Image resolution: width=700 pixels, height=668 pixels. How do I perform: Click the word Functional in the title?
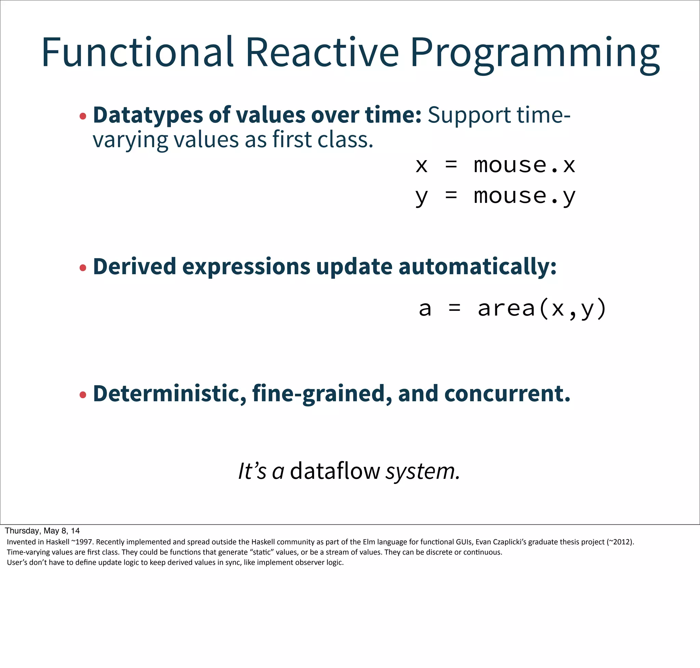coord(137,52)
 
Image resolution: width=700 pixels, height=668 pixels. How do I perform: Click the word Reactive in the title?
coord(322,52)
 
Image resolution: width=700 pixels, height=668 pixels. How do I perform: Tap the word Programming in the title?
coord(535,53)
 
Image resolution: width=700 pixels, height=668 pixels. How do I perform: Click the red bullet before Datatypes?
coord(83,116)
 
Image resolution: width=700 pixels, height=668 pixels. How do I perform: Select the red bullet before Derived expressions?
coord(83,267)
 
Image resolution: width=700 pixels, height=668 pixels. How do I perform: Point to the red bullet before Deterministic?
coord(83,394)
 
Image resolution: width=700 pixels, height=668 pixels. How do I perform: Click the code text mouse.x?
coord(524,165)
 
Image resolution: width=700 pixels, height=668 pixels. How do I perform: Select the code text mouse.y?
coord(524,196)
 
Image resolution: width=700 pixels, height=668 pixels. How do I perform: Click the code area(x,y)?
coord(542,308)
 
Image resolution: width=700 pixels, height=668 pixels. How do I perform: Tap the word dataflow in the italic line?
coord(335,471)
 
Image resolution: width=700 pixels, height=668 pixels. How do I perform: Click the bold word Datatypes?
coord(148,115)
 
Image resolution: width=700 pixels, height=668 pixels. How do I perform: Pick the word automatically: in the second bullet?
coord(477,267)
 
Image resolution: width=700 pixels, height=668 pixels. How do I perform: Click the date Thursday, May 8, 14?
coord(42,531)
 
